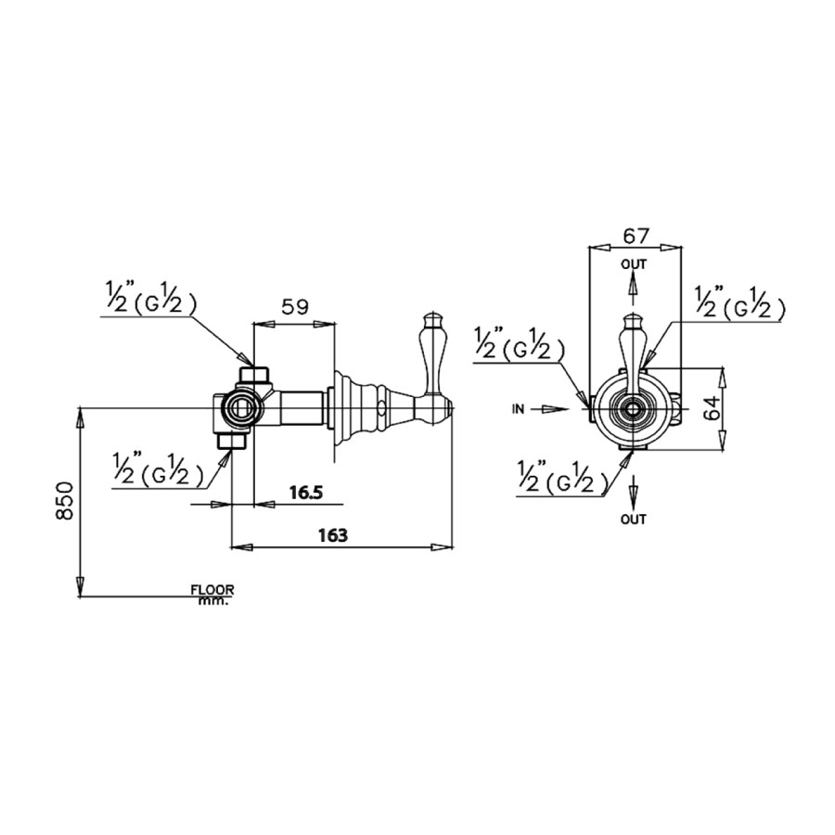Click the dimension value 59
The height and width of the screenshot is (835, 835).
[x=294, y=307]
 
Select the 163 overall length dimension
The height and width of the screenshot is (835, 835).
[x=332, y=535]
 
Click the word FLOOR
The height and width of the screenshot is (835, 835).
[x=212, y=589]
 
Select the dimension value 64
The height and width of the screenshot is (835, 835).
[x=713, y=408]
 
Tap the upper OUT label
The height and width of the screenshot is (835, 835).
[x=634, y=265]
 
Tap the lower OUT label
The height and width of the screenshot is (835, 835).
[x=634, y=520]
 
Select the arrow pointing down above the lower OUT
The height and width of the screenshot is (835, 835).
[x=634, y=489]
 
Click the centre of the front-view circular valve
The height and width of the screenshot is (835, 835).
[x=634, y=407]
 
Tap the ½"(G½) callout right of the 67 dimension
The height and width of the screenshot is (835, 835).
[x=739, y=302]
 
